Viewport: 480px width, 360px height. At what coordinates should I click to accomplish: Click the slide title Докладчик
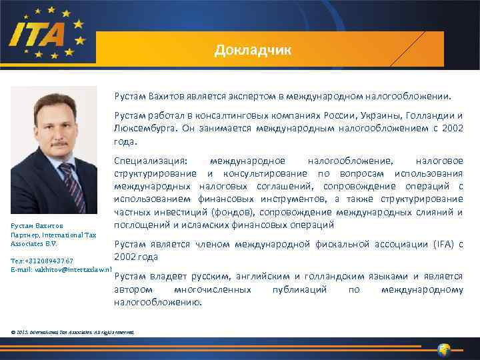coord(253,51)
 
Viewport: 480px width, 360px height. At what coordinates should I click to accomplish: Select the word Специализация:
coord(151,161)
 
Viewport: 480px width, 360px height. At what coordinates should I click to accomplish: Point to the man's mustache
coord(61,143)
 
